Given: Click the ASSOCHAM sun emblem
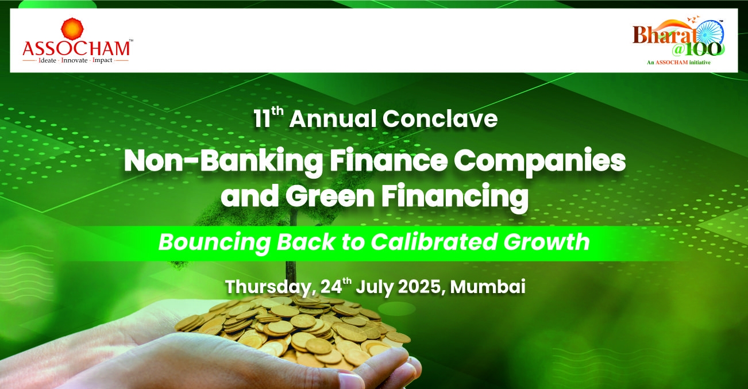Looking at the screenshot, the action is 72,29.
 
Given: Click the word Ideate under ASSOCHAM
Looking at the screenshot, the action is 48,60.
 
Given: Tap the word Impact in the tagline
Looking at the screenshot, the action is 102,60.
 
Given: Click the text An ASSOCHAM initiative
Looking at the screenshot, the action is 678,63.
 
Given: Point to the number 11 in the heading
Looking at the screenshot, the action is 262,119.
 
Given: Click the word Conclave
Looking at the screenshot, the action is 440,119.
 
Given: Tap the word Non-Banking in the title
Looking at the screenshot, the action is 223,161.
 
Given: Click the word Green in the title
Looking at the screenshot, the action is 330,197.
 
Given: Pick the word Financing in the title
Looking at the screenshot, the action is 455,198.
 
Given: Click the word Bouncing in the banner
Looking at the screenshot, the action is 214,242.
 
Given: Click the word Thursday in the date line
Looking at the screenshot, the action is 271,287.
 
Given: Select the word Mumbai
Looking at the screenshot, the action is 488,287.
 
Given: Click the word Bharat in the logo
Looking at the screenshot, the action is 664,34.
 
